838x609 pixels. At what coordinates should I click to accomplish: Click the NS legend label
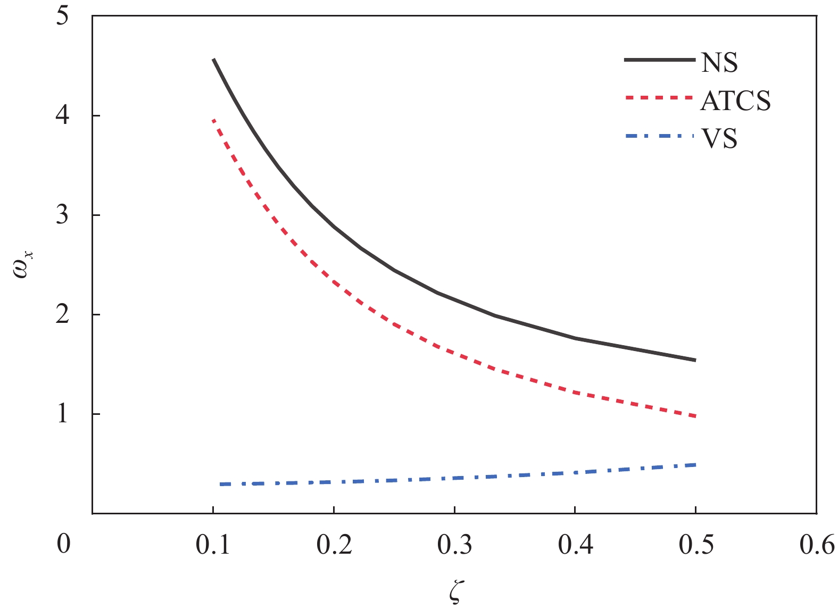coord(719,63)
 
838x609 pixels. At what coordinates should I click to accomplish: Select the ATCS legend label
coord(735,101)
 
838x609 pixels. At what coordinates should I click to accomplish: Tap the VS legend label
coord(719,139)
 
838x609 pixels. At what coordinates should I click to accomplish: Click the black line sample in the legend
coord(660,60)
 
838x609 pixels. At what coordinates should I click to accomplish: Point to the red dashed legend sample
coord(660,98)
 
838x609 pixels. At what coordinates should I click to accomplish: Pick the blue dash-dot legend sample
coord(660,136)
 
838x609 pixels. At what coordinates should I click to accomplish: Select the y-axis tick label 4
coord(62,115)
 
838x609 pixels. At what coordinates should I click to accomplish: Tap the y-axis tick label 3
coord(62,215)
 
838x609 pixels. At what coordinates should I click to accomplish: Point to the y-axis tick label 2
coord(62,314)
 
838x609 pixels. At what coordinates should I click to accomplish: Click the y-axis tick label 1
coord(62,414)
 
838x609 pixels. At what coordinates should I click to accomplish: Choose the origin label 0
coord(63,544)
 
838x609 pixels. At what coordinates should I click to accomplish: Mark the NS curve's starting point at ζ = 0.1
coord(213,59)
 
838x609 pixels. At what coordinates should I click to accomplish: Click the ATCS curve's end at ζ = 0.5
coord(695,416)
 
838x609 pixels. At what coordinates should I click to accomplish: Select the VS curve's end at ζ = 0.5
coord(695,465)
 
